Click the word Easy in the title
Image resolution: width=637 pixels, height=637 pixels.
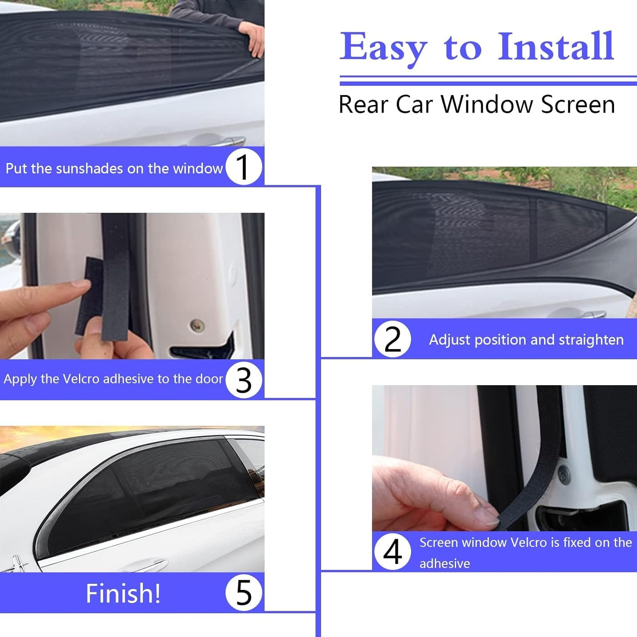pos(383,48)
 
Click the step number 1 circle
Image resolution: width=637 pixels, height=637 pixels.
pos(243,167)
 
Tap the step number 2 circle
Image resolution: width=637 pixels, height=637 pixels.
pos(392,339)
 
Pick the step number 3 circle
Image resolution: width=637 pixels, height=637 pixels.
pos(243,380)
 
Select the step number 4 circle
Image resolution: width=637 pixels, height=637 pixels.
pos(392,552)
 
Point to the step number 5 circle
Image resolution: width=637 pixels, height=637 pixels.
pos(243,592)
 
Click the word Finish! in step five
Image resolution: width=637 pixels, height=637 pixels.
pos(123,593)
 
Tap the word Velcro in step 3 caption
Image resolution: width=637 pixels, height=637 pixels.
pos(81,379)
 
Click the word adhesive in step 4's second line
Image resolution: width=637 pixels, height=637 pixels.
pos(445,564)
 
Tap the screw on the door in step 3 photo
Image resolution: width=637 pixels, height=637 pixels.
pos(197,325)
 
